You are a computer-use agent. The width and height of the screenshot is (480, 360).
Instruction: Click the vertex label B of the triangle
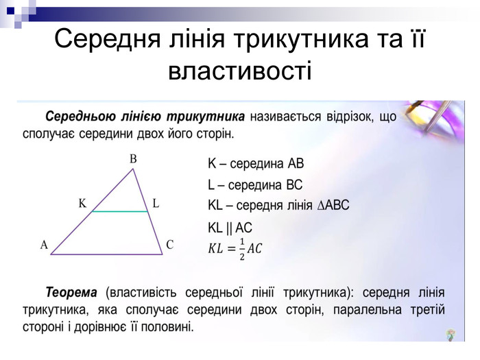(x=133, y=159)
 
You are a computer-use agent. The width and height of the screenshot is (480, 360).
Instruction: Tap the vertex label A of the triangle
(x=44, y=245)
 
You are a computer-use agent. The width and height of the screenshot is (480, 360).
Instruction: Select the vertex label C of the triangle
(x=170, y=245)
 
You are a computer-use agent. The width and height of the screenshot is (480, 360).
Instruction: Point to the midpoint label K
(x=82, y=203)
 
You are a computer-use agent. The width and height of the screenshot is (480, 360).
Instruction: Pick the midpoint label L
(x=156, y=203)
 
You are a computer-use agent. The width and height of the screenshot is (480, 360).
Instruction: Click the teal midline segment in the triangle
(x=120, y=211)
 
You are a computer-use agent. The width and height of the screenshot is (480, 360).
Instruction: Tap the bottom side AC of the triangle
(x=106, y=254)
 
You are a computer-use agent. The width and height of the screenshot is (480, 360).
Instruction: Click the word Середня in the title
(x=108, y=39)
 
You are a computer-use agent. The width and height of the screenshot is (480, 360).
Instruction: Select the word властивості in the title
(x=240, y=70)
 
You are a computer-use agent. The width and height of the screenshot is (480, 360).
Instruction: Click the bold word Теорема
(x=71, y=292)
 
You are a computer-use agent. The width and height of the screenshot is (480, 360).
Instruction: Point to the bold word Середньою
(x=81, y=117)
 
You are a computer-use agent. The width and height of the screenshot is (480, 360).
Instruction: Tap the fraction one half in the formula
(x=242, y=249)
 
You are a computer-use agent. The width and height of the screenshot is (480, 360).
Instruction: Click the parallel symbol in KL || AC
(x=228, y=228)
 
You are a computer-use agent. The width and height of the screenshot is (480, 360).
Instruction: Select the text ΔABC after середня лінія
(x=333, y=205)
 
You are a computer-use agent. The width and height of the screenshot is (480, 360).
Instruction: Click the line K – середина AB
(x=256, y=163)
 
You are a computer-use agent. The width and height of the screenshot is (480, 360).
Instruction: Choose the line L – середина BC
(x=255, y=185)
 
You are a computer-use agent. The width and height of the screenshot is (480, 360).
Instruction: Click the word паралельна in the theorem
(x=368, y=309)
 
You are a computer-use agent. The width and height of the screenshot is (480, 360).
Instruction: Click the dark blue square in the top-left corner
(x=10, y=11)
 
